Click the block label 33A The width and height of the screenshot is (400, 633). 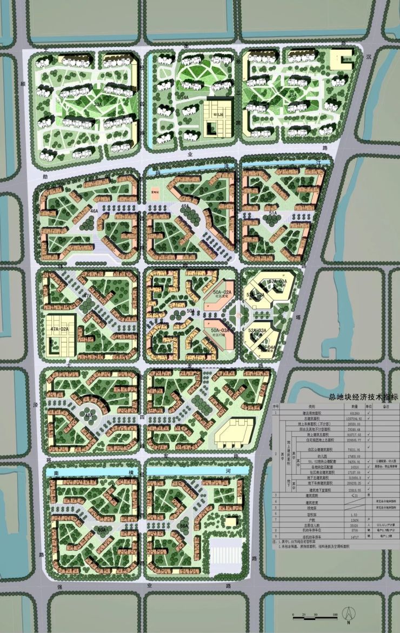tap(98, 103)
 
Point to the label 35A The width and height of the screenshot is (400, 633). tap(292, 96)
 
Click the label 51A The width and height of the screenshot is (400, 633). tap(273, 214)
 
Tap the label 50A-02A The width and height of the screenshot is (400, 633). tap(220, 291)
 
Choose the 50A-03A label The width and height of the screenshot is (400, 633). tap(220, 329)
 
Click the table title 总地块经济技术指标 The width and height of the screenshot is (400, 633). tap(363, 397)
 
